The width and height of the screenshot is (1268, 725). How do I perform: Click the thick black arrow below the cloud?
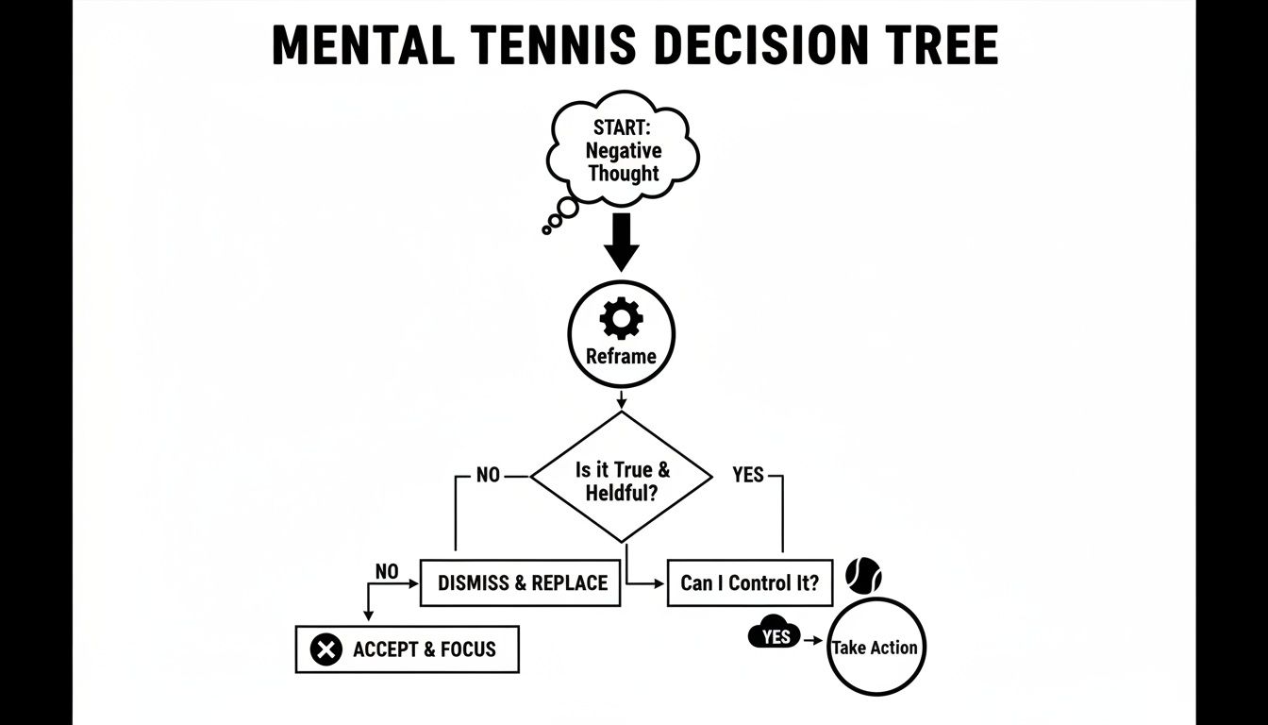622,242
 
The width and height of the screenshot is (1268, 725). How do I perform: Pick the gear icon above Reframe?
621,319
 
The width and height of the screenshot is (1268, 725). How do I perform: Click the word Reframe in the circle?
621,357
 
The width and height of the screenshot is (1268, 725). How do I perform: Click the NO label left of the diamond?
488,475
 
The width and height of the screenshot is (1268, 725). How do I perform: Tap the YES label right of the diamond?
748,475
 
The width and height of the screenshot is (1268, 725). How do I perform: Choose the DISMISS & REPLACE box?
521,582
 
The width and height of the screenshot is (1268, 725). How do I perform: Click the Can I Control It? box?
750,582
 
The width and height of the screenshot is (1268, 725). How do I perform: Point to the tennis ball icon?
863,575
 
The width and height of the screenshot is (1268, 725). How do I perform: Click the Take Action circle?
875,648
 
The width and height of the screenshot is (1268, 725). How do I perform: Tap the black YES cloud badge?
775,637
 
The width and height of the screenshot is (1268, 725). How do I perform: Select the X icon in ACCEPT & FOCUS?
325,649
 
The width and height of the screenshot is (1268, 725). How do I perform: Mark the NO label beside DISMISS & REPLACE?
387,571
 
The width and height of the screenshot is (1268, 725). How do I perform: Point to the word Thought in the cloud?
624,174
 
